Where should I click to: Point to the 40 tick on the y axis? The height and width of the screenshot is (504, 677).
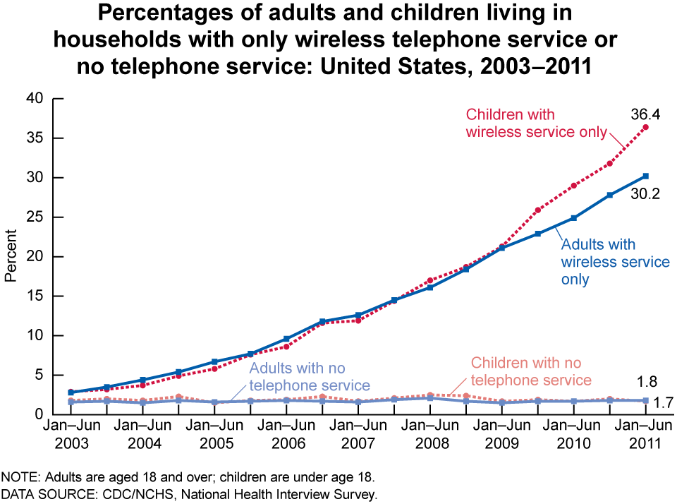(x=37, y=99)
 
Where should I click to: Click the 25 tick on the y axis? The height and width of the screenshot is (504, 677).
(x=37, y=217)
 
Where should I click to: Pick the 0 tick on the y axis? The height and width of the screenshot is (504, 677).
(x=42, y=414)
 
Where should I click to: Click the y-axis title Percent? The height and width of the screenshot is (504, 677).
(x=11, y=256)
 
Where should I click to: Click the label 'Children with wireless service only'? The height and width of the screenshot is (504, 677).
(x=537, y=123)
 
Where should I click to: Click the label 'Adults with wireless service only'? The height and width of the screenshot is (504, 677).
(x=615, y=262)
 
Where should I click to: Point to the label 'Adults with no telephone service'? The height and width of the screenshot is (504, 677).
(x=310, y=376)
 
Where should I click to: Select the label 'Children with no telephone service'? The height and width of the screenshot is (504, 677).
(x=531, y=371)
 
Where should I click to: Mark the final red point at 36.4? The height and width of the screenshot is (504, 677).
(x=645, y=127)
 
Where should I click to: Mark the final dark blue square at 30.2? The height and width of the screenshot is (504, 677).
(x=645, y=176)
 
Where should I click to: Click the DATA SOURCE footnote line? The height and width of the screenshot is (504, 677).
(x=189, y=493)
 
